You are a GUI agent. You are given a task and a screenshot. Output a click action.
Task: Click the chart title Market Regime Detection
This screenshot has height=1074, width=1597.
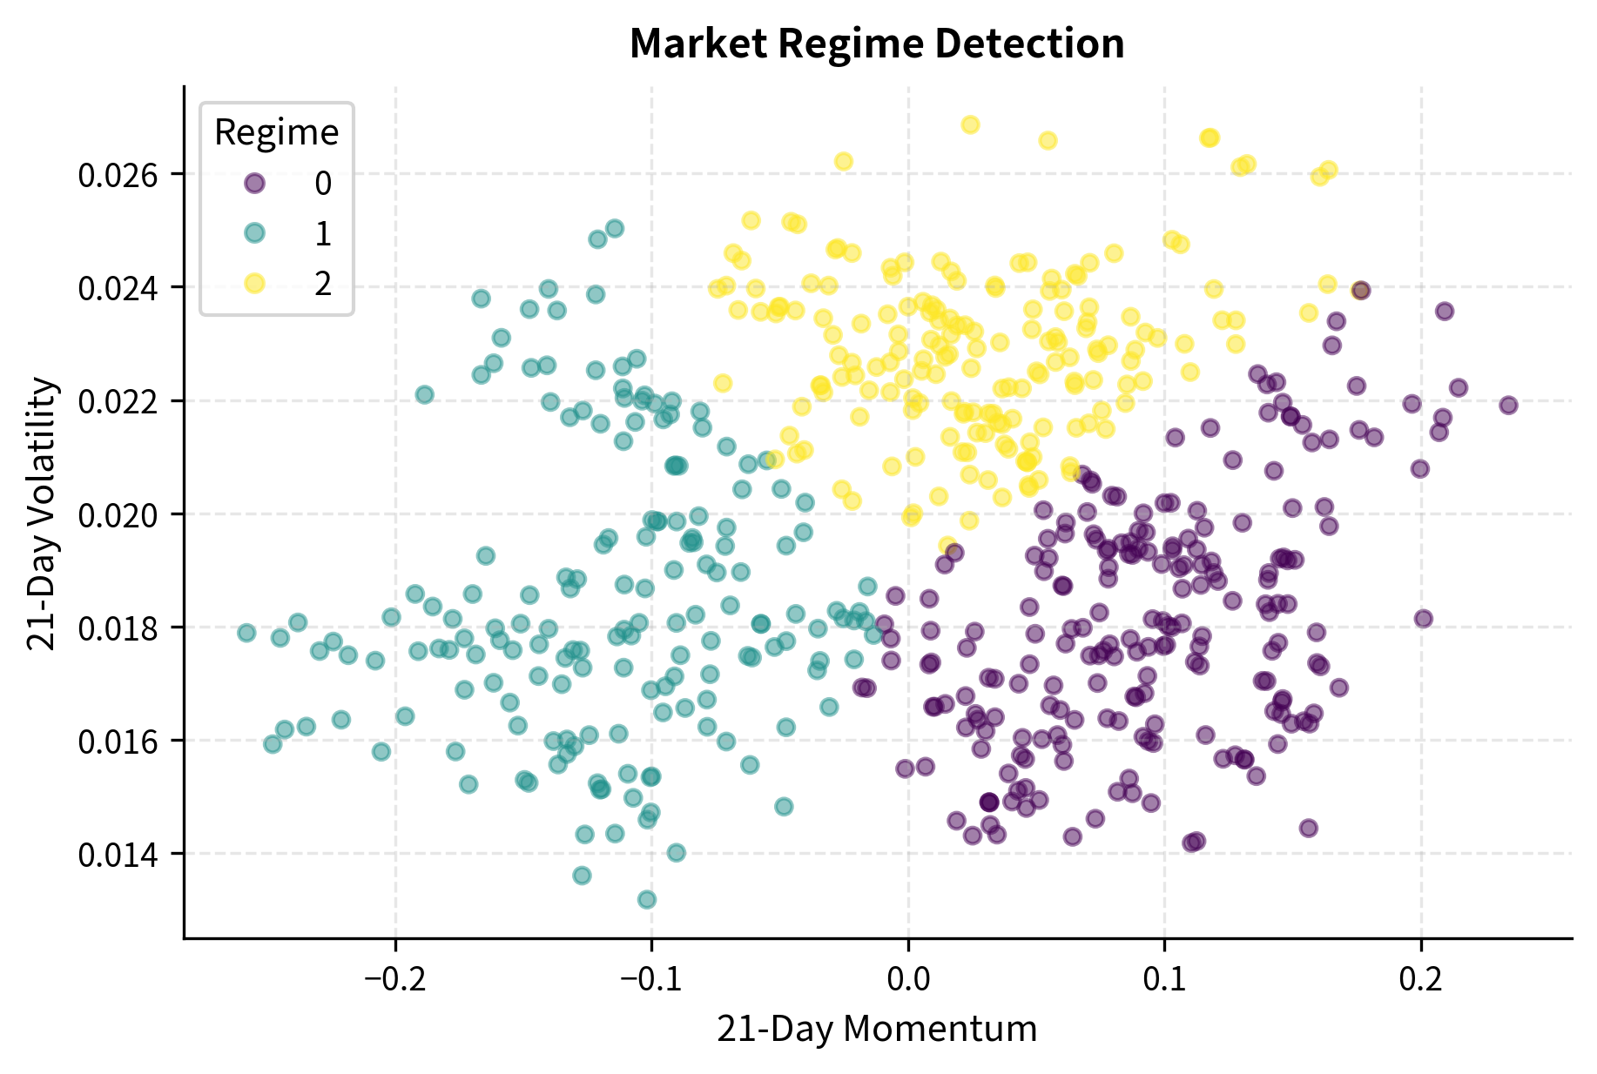[x=877, y=44]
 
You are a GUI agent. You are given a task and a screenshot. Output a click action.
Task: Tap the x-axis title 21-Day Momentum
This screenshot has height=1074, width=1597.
[x=877, y=1029]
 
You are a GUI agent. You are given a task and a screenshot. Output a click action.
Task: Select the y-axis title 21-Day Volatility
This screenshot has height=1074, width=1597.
[x=42, y=513]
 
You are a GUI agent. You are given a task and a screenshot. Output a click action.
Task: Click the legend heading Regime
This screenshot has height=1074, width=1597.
[x=276, y=132]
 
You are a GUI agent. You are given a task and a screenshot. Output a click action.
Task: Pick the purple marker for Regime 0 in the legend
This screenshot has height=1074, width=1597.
[x=254, y=183]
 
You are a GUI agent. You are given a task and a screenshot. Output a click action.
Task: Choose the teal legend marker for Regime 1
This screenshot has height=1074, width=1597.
[x=254, y=233]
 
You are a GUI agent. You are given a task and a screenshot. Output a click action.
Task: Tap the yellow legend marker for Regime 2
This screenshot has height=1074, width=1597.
[x=254, y=284]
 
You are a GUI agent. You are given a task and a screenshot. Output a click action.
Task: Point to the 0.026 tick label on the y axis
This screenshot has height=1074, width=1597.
[x=118, y=176]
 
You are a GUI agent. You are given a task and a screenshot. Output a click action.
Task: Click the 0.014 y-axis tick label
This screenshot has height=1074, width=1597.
[x=118, y=855]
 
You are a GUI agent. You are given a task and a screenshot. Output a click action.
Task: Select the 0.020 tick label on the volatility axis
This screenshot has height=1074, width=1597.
[x=118, y=515]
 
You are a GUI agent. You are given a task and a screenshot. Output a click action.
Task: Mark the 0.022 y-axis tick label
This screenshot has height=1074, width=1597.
[x=118, y=402]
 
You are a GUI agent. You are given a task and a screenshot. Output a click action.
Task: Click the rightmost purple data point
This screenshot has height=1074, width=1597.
[x=1508, y=405]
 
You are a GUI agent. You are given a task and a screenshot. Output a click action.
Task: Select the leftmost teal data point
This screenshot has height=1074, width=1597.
[x=246, y=632]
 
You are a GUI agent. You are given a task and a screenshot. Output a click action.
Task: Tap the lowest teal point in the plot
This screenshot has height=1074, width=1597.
[x=646, y=899]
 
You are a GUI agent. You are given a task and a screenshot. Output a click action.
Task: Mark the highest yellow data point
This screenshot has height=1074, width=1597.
[x=970, y=124]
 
